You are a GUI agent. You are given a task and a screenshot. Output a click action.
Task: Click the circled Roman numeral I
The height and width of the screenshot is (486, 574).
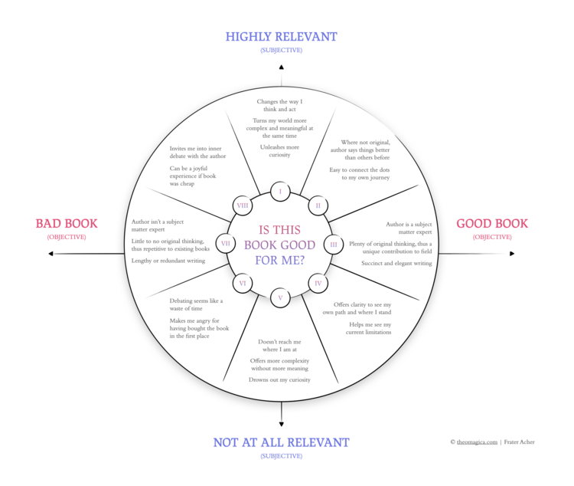click(280, 191)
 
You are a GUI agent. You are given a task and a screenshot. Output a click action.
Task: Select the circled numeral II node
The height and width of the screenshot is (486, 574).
click(318, 205)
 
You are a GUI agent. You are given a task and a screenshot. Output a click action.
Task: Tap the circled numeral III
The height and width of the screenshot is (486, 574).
click(334, 245)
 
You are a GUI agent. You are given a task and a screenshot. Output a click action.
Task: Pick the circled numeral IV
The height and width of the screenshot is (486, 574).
click(318, 284)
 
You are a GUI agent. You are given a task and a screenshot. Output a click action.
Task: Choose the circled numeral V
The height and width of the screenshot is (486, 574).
click(280, 297)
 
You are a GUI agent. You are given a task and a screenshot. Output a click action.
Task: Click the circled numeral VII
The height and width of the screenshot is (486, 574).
click(226, 244)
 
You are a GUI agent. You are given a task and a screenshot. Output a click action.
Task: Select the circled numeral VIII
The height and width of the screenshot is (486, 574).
click(242, 205)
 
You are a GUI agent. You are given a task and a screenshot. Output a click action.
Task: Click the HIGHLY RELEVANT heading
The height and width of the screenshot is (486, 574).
click(280, 36)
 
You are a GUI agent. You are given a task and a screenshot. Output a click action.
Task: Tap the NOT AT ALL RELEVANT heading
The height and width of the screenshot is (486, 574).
click(281, 442)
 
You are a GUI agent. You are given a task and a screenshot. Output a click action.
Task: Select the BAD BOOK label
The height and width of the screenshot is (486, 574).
click(67, 224)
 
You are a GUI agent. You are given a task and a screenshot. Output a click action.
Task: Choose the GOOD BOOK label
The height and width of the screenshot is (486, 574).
click(492, 224)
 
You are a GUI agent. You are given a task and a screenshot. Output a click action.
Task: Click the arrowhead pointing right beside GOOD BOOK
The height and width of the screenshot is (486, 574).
click(513, 254)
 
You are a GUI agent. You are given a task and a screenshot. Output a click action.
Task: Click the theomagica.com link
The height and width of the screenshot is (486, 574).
click(478, 442)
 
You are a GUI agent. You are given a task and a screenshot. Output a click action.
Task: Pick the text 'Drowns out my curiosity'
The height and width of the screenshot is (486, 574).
click(279, 379)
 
